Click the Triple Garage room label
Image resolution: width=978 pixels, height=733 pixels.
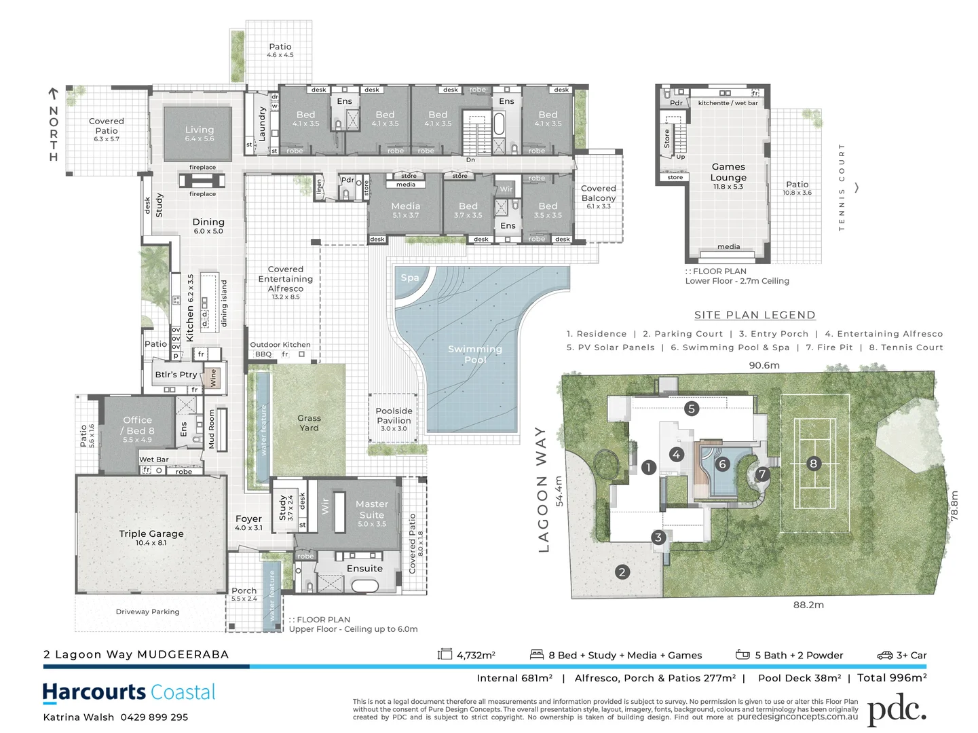pos(151,534)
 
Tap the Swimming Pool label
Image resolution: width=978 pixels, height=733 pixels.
pos(475,354)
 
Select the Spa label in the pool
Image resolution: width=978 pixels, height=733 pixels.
pos(409,278)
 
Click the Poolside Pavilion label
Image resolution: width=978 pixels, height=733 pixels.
pos(394,416)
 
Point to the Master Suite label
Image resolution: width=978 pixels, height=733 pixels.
pos(372,510)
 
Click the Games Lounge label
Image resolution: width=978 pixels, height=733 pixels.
pos(728,172)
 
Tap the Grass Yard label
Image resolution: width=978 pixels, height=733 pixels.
pos(309,423)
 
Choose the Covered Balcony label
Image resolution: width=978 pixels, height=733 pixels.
pos(598,193)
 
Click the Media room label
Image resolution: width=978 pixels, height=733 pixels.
pos(405,206)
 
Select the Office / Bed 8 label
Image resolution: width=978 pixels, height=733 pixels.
pos(138,426)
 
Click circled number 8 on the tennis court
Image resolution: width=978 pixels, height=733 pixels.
pos(813,464)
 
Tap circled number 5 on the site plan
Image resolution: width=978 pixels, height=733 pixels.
pos(691,408)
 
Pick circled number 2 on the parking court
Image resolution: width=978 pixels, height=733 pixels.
pos(622,571)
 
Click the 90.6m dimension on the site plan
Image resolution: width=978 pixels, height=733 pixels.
pos(764,365)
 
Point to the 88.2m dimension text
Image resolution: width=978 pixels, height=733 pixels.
pos(808,605)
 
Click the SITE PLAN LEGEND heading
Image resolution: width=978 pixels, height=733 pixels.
pos(754,315)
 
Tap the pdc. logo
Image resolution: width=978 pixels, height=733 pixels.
pos(896,709)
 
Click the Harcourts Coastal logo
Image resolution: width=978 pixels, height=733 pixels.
pos(129,692)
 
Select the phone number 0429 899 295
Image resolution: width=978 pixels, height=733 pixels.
pos(154,717)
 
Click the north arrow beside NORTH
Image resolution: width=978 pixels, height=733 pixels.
pos(53,93)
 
